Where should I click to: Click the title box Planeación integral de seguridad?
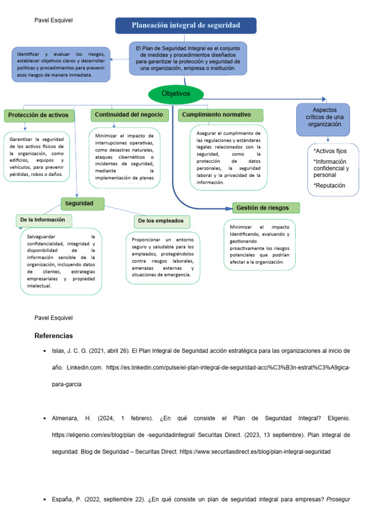(185, 26)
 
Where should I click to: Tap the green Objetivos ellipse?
(176, 94)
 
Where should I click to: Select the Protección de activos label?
(39, 116)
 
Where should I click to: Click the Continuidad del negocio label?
(129, 115)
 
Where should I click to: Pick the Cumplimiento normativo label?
(221, 115)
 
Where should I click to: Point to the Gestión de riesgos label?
(267, 207)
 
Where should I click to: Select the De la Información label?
(44, 220)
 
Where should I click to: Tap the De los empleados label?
(161, 221)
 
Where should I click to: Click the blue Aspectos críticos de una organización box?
(323, 119)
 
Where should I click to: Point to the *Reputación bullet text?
(329, 185)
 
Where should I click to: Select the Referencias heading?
(54, 336)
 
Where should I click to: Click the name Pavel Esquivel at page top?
(54, 21)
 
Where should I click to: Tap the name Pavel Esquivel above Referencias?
(54, 318)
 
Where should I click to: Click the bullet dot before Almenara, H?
(45, 418)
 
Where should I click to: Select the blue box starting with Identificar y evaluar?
(60, 64)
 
